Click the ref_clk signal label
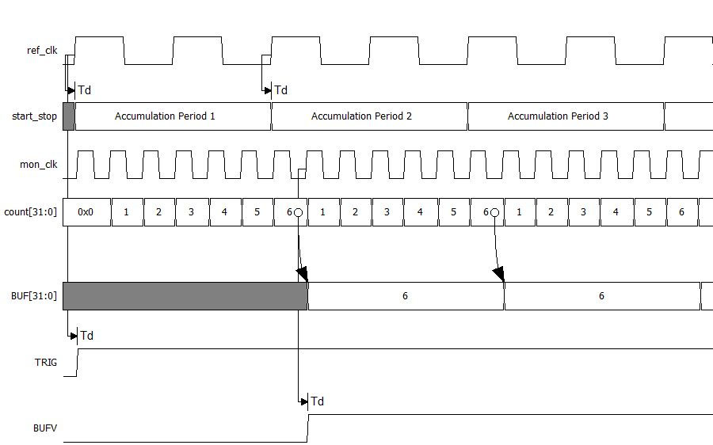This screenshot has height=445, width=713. coord(42,51)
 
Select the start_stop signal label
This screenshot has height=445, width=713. coord(34,116)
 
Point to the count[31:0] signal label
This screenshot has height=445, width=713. coord(31,212)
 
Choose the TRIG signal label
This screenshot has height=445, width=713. coord(45,362)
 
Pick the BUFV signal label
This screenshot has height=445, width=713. coord(45,428)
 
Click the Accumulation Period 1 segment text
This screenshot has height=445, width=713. coord(165,116)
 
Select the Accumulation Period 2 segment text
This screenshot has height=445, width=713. coord(361,116)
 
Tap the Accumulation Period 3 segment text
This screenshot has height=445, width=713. coord(558,116)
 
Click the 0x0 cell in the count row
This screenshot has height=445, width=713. coord(86,212)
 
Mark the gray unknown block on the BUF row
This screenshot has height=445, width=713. coord(185,295)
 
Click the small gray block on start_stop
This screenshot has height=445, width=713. coord(68,116)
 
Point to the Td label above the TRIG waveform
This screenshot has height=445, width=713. coord(86,336)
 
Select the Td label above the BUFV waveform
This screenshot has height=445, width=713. coord(317,401)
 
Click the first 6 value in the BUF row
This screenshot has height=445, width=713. coord(405,296)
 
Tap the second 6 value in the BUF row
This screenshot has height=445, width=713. coord(601,296)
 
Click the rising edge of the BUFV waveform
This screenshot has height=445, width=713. coord(307,428)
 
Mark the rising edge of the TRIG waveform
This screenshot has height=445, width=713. coord(78,362)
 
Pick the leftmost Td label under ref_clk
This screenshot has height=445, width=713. coord(84,90)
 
